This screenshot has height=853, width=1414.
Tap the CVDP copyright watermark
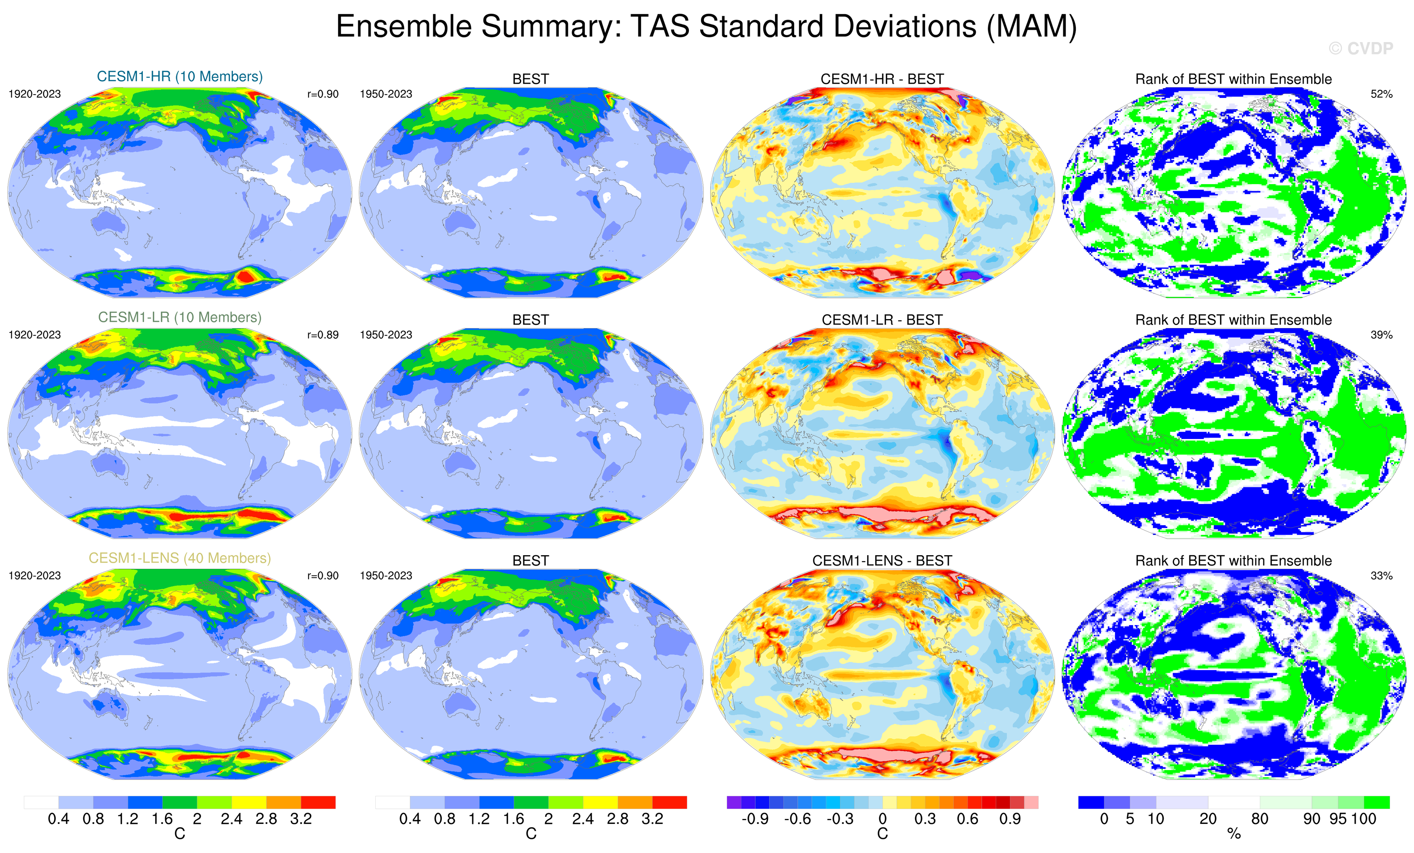[1361, 49]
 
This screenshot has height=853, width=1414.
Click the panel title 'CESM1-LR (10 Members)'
[180, 317]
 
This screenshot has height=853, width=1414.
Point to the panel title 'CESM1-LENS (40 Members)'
[180, 558]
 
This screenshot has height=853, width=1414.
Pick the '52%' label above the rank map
[1381, 94]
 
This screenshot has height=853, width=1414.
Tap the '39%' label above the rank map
[1381, 334]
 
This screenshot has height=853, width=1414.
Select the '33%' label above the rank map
[1381, 576]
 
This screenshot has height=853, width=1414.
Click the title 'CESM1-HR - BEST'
[882, 79]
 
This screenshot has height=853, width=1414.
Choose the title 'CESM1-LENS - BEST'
[882, 561]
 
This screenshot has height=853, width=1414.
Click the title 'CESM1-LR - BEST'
[882, 320]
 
